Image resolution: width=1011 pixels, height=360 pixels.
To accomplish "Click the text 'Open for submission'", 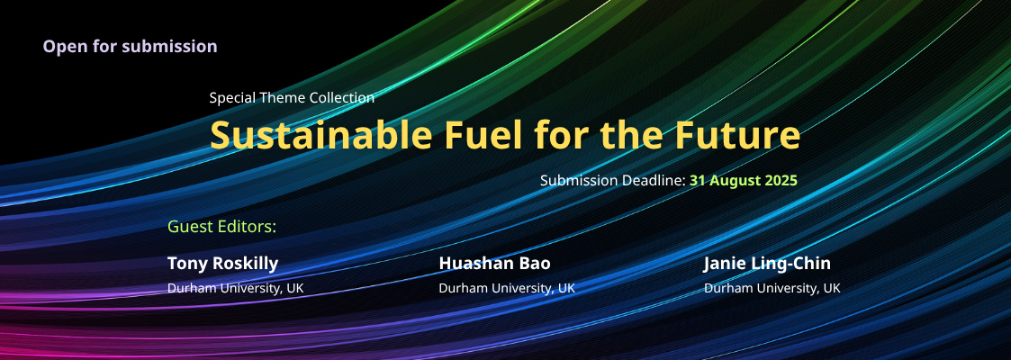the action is click(131, 47).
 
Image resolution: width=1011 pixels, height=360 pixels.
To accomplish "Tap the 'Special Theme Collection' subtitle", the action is click(292, 98).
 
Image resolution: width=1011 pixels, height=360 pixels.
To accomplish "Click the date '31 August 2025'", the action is click(744, 180).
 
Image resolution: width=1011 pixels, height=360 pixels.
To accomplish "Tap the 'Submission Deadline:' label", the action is click(612, 180).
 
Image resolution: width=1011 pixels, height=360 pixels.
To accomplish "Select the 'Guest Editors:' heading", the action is click(221, 227).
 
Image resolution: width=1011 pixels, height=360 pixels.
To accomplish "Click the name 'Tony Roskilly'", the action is click(223, 264).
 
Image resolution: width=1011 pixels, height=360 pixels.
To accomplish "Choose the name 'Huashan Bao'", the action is click(494, 264).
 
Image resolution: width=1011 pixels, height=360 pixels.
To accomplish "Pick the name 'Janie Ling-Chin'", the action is click(767, 264).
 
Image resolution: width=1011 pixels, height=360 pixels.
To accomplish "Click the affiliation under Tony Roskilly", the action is click(235, 288).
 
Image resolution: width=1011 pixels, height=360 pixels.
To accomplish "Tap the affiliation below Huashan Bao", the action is click(507, 288).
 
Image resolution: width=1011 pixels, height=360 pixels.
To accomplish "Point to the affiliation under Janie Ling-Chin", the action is click(772, 288).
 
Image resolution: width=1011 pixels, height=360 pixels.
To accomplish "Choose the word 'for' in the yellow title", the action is click(562, 135).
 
